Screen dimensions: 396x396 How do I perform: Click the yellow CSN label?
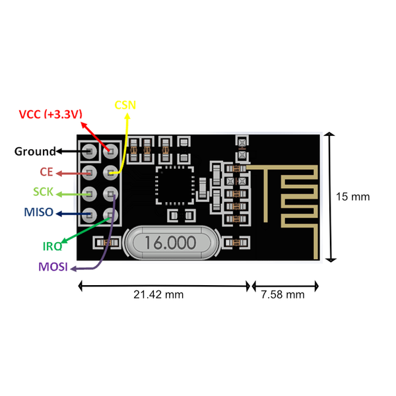125,105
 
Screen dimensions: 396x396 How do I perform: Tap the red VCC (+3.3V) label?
51,114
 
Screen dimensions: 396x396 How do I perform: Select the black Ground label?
35,151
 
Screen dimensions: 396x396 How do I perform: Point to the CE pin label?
46,172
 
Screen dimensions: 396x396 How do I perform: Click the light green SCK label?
43,191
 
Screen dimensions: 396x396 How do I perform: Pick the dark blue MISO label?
39,212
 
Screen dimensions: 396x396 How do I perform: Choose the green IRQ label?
52,246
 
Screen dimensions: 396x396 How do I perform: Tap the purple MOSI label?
53,267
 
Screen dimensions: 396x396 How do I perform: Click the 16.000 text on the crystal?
170,243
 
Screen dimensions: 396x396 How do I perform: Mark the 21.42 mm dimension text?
158,294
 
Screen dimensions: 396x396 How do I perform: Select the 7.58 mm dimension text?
282,294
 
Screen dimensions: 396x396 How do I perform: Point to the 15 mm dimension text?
353,197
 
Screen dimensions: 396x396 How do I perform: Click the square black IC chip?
175,185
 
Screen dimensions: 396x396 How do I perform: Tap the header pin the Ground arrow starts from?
89,151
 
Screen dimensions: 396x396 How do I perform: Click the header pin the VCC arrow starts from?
111,151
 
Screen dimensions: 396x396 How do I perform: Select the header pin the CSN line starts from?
111,173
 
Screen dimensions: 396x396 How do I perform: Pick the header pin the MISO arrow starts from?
89,215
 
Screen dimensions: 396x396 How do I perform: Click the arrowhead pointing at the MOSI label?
73,269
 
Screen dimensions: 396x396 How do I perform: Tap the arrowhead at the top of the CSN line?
127,116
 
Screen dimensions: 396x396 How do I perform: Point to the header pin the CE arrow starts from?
89,173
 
